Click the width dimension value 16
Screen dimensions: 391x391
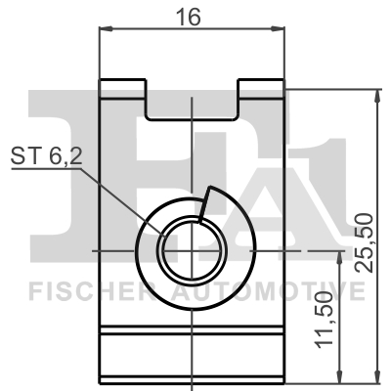(x=192, y=18)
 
